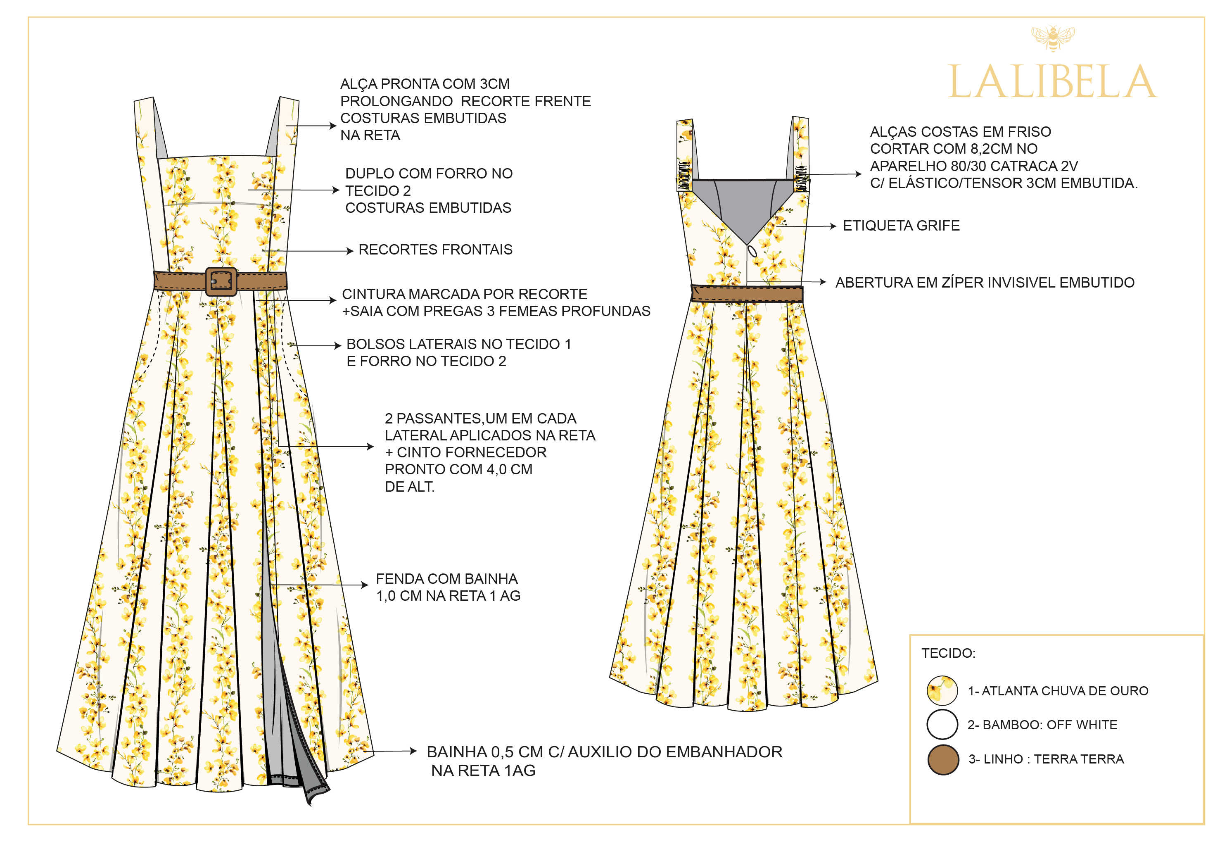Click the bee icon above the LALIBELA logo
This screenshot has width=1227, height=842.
tap(1053, 38)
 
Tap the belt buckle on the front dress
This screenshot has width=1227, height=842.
tap(221, 281)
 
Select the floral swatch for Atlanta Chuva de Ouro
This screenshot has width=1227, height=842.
tap(942, 690)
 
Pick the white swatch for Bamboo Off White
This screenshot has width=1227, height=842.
tap(942, 724)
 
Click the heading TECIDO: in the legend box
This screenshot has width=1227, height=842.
tap(948, 654)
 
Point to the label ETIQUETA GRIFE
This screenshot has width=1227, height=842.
tap(901, 226)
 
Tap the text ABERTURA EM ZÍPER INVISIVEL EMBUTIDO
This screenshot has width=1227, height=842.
tap(985, 283)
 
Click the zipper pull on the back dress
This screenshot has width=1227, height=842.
tap(752, 251)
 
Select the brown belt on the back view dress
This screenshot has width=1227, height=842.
tap(747, 294)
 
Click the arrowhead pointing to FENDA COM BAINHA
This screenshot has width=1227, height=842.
tap(364, 585)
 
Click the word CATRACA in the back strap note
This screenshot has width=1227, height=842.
tap(1028, 166)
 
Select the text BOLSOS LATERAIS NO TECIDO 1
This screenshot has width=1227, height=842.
tap(458, 345)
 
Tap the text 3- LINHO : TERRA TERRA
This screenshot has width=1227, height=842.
tap(1046, 759)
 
